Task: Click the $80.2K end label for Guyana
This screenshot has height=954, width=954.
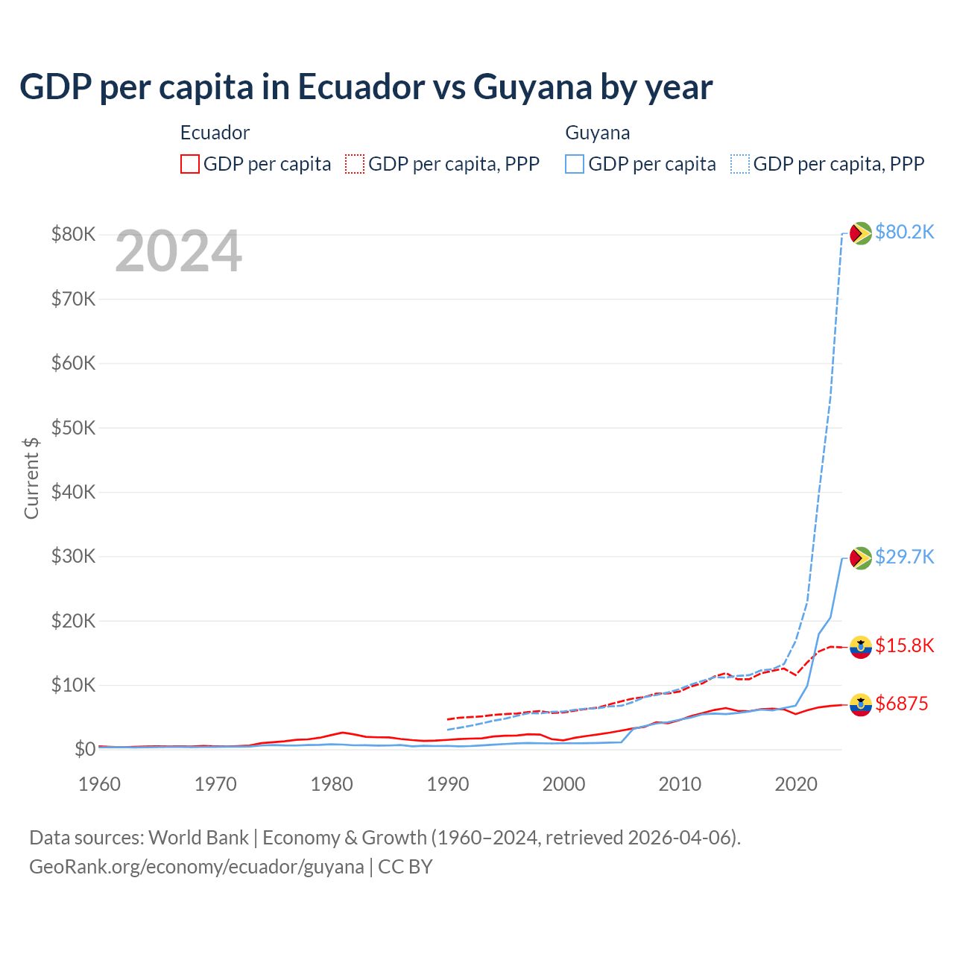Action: click(x=904, y=233)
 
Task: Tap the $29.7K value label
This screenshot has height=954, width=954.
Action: click(x=904, y=557)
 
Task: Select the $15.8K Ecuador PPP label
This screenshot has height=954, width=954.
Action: click(x=904, y=645)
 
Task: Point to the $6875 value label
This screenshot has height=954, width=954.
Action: click(x=901, y=704)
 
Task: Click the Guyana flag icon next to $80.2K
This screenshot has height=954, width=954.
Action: click(x=861, y=233)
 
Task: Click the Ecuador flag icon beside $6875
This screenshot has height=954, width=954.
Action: click(x=861, y=704)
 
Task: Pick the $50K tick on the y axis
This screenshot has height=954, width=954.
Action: click(x=73, y=428)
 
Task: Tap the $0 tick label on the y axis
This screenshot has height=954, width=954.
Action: click(x=84, y=749)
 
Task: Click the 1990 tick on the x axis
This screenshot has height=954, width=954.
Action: click(x=447, y=784)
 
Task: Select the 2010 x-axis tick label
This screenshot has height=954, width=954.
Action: click(x=680, y=784)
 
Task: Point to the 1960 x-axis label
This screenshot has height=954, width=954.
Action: click(x=100, y=784)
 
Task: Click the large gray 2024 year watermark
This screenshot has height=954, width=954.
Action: click(x=178, y=252)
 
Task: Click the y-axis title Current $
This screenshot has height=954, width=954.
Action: click(x=31, y=478)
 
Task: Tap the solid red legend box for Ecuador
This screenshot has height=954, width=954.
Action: click(x=190, y=164)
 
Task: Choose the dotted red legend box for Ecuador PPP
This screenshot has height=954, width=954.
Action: click(x=355, y=164)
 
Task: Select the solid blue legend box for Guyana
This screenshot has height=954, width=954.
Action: click(x=575, y=164)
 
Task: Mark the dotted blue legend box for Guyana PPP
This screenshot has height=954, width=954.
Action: click(x=740, y=164)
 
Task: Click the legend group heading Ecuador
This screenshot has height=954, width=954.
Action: click(x=215, y=133)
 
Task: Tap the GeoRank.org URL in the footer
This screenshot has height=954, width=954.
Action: click(x=197, y=867)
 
